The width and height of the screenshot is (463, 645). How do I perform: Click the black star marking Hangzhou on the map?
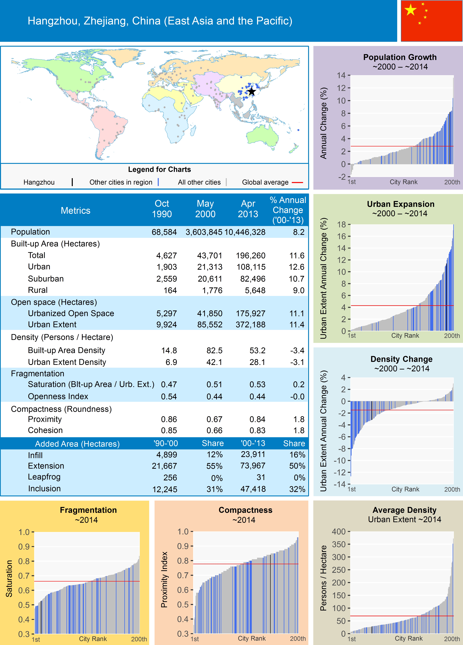click(252, 92)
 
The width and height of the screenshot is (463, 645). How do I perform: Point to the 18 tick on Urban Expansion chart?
click(341, 224)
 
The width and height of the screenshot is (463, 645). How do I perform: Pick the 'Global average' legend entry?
click(265, 182)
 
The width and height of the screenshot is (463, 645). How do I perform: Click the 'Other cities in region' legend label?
click(121, 182)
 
